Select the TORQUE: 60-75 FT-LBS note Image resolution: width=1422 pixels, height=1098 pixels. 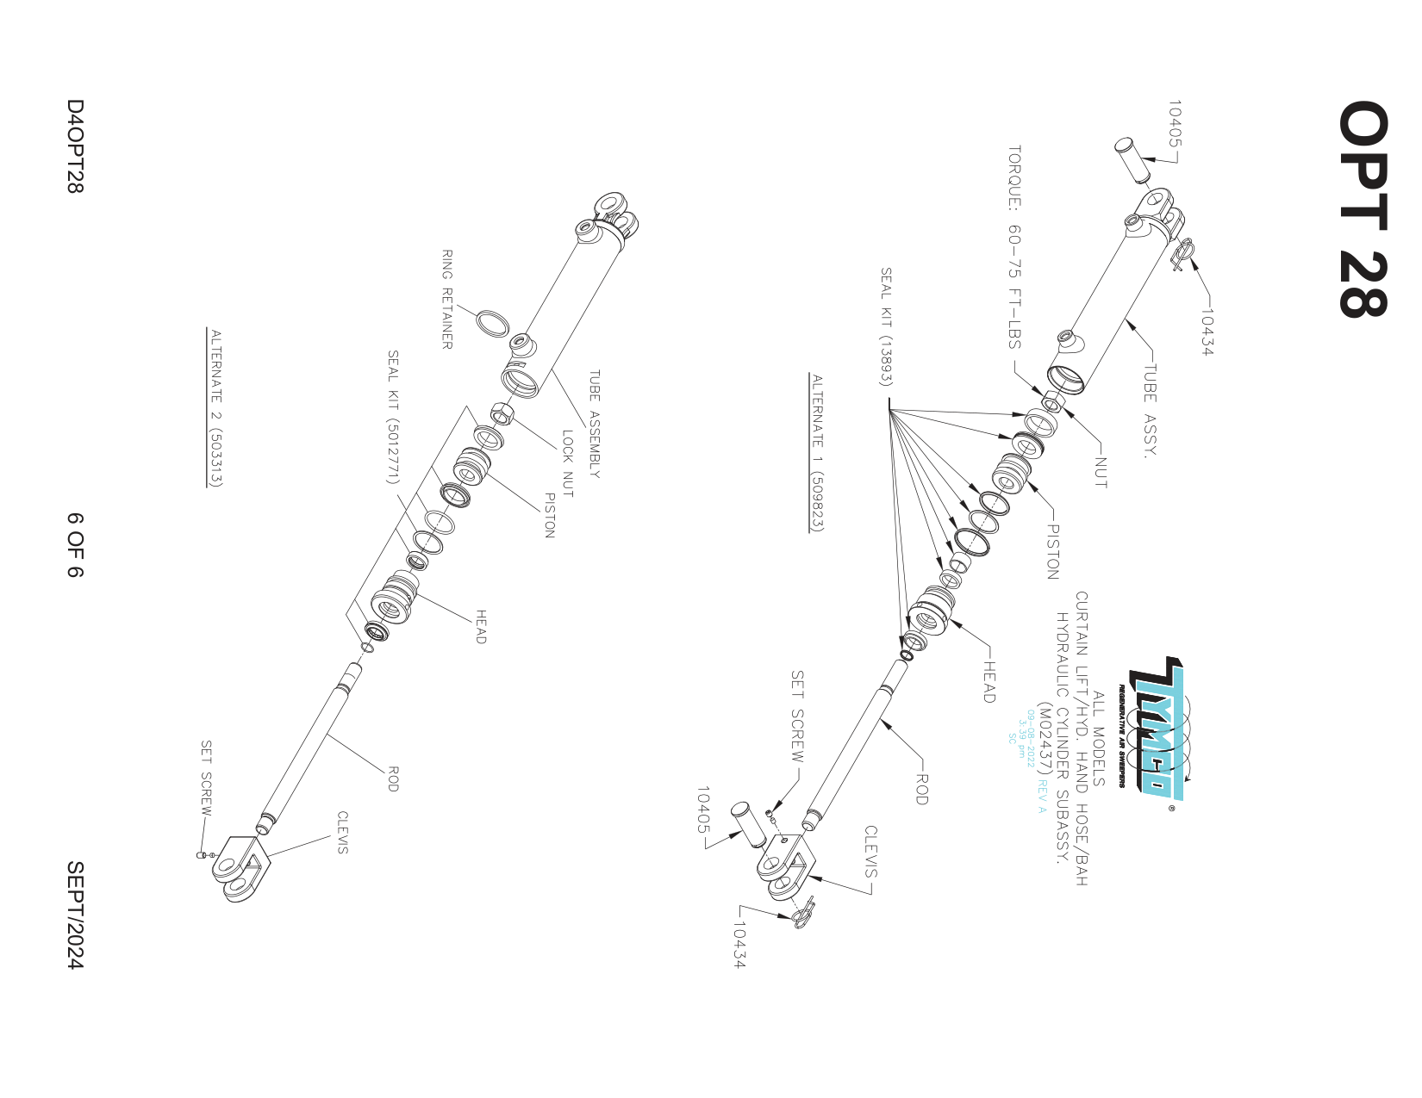tap(1015, 246)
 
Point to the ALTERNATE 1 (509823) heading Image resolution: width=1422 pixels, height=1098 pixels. tap(817, 453)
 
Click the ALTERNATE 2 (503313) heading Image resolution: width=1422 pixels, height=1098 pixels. tap(215, 407)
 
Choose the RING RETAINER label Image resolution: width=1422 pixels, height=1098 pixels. tap(446, 299)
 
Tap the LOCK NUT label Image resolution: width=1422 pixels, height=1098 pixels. tap(567, 463)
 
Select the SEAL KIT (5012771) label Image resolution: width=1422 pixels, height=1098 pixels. tap(392, 417)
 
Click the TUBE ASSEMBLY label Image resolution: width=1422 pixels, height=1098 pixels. tap(594, 424)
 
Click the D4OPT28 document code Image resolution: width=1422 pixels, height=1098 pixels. tap(76, 146)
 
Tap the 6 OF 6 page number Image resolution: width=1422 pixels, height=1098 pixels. tap(76, 545)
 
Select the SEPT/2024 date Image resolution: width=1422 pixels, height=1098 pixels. tap(76, 915)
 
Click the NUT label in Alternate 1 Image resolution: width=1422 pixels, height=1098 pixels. tap(1101, 472)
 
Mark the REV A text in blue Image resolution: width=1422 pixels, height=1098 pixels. tap(1041, 797)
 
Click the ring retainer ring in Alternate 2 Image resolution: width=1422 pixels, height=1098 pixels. tap(493, 324)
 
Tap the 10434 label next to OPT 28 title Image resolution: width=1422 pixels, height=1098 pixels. tap(1206, 332)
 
